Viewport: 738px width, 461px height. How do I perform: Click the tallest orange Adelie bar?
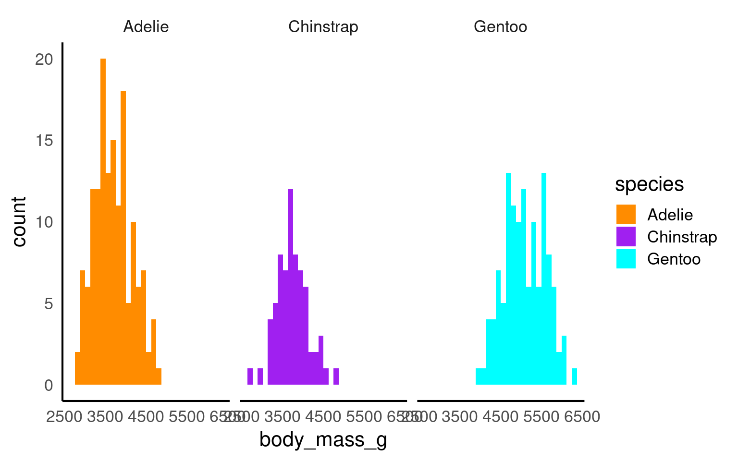(x=103, y=221)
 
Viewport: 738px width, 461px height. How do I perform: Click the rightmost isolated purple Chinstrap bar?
(x=336, y=376)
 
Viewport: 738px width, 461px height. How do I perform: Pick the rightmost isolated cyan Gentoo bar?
(x=574, y=376)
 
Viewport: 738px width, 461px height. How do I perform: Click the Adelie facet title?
(x=146, y=26)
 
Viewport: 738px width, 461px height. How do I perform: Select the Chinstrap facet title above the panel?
(x=323, y=26)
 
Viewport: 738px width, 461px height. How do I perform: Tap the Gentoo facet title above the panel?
(x=500, y=26)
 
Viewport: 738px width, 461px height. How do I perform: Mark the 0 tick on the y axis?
(x=49, y=385)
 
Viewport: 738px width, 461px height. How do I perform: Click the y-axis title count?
(x=19, y=221)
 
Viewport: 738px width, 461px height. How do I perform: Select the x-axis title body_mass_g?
(x=323, y=440)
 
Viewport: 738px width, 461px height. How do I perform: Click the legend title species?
(x=649, y=184)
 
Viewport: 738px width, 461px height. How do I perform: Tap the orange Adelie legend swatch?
(x=626, y=215)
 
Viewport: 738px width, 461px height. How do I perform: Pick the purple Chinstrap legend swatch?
(x=626, y=237)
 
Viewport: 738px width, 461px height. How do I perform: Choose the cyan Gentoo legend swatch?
(x=626, y=259)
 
